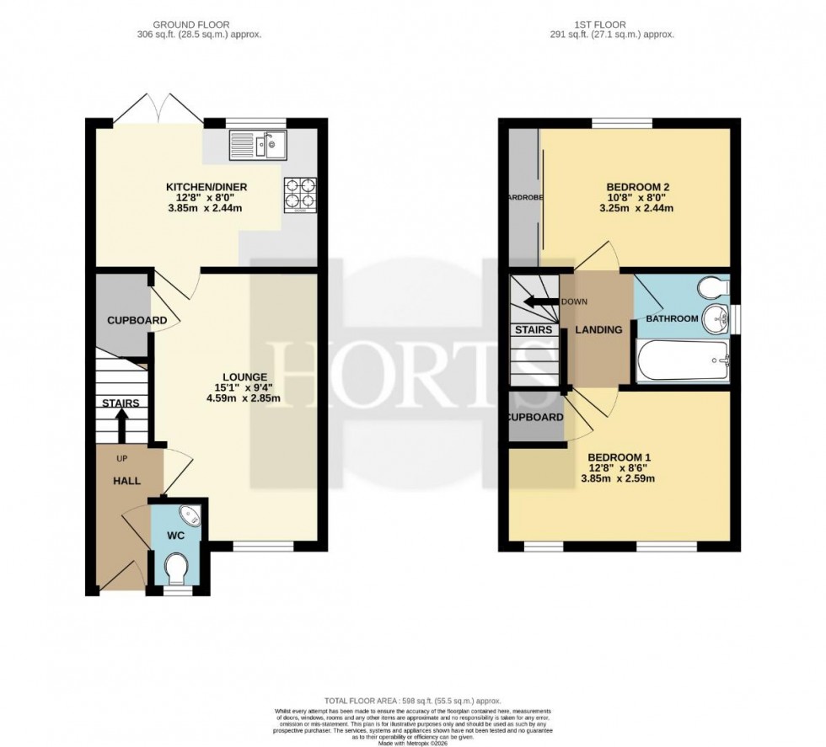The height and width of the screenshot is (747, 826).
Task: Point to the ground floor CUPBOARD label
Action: (x=136, y=321)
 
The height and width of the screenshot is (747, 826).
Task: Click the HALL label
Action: (x=128, y=479)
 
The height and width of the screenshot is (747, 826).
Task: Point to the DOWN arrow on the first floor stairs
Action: (x=534, y=302)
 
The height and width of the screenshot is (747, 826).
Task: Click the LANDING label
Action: (x=598, y=329)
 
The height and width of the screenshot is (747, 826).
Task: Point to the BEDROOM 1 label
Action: (x=625, y=458)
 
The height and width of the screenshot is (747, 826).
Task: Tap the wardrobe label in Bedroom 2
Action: (x=523, y=200)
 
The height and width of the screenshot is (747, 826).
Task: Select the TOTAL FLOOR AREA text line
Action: (x=412, y=702)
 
